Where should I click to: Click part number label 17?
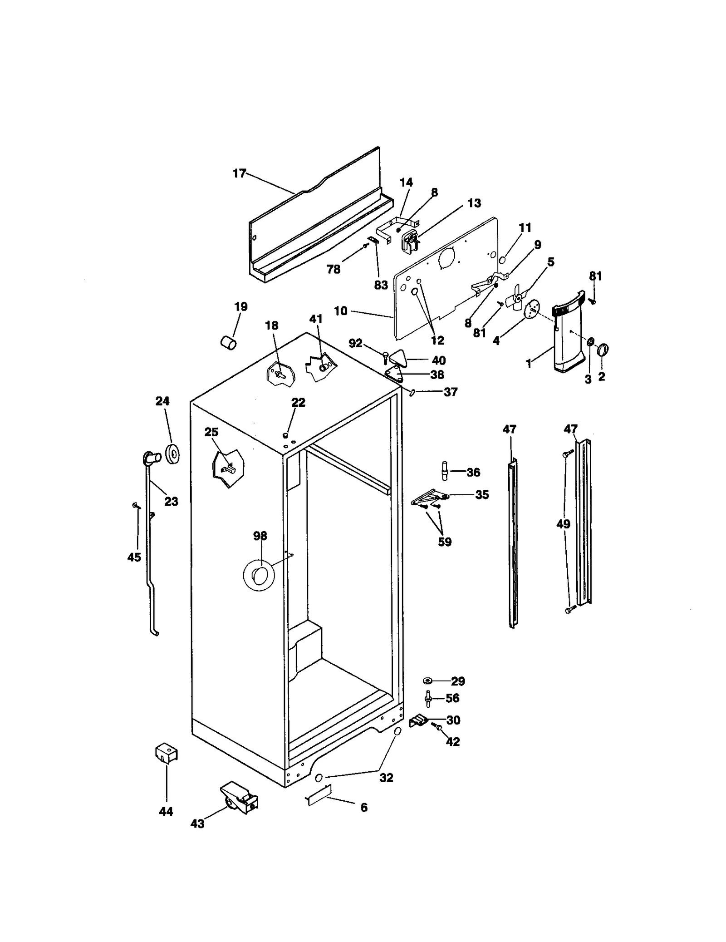[x=239, y=173]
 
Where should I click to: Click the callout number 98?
[x=260, y=536]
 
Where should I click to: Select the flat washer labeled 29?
[x=427, y=693]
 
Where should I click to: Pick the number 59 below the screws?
[x=445, y=542]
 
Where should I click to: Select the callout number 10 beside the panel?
[x=340, y=311]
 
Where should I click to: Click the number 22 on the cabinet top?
[x=298, y=402]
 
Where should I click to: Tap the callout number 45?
[x=134, y=557]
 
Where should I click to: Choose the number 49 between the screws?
[x=563, y=524]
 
